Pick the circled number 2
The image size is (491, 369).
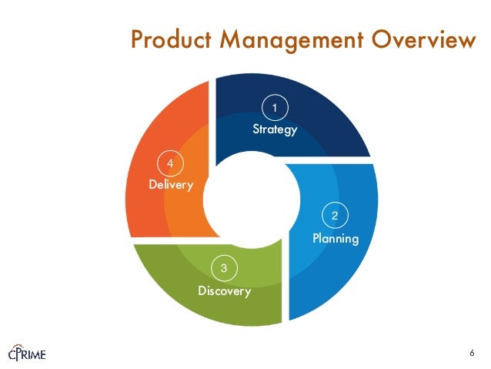pyautogui.click(x=335, y=215)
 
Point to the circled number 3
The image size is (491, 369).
pyautogui.click(x=224, y=268)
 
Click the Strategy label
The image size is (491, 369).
pyautogui.click(x=275, y=129)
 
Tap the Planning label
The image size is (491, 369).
pyautogui.click(x=336, y=239)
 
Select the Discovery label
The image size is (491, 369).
pyautogui.click(x=224, y=291)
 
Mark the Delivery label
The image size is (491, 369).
pyautogui.click(x=171, y=185)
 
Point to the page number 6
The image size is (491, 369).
pyautogui.click(x=471, y=353)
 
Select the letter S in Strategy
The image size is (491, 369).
pyautogui.click(x=256, y=129)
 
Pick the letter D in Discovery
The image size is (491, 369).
pyautogui.click(x=202, y=291)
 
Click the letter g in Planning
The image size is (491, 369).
pyautogui.click(x=355, y=240)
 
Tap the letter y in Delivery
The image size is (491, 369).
pyautogui.click(x=189, y=186)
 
